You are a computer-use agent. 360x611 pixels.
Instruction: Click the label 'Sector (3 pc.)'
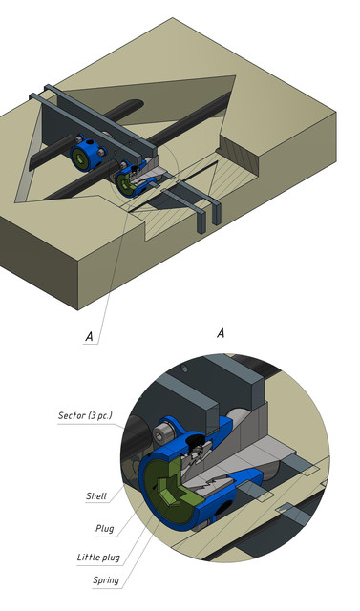pyautogui.click(x=85, y=416)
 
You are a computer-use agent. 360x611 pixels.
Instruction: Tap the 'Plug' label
pyautogui.click(x=104, y=527)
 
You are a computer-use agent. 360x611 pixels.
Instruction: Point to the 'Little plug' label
pyautogui.click(x=99, y=557)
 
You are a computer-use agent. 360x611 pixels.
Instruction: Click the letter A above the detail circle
pyautogui.click(x=221, y=333)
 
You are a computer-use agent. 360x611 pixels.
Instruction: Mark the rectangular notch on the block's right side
pyautogui.click(x=239, y=153)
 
